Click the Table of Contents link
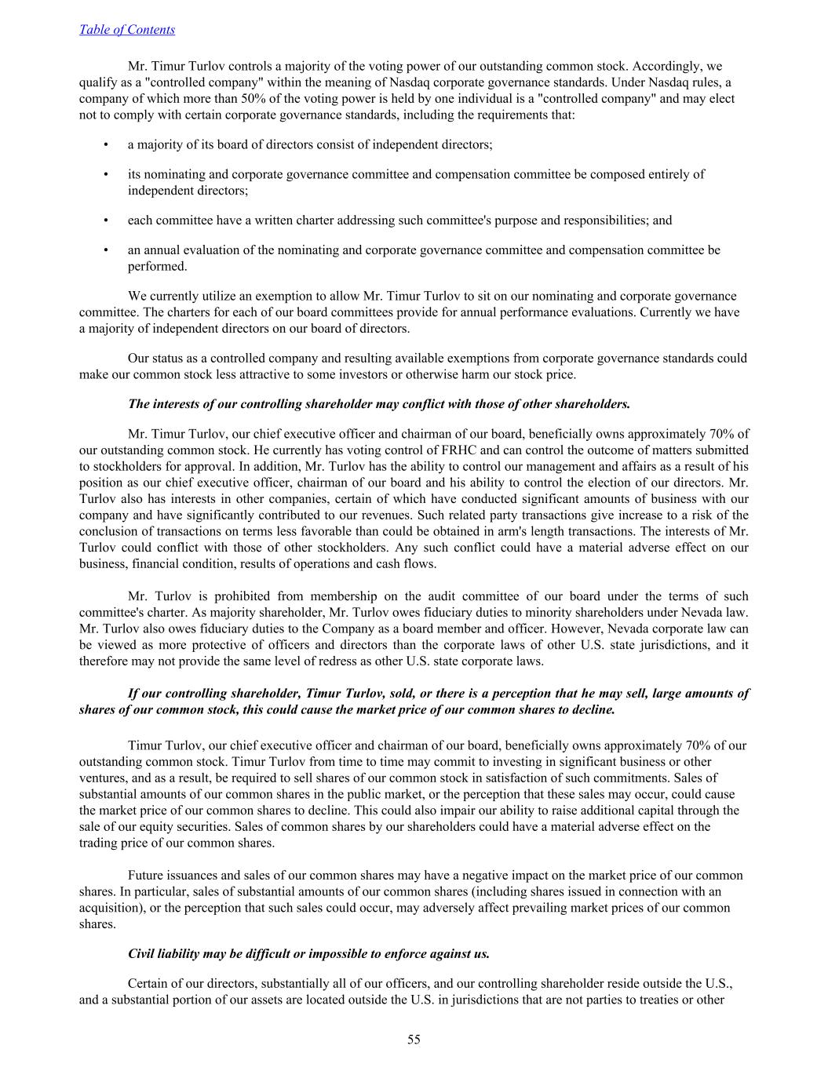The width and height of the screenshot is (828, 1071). (127, 30)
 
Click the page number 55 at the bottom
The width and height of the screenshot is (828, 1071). (414, 1040)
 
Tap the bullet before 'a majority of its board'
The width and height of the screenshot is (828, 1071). (105, 145)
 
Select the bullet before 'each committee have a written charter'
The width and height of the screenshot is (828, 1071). (105, 220)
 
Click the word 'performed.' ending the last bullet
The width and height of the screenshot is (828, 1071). (158, 266)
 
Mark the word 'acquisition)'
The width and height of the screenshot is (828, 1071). (111, 908)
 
